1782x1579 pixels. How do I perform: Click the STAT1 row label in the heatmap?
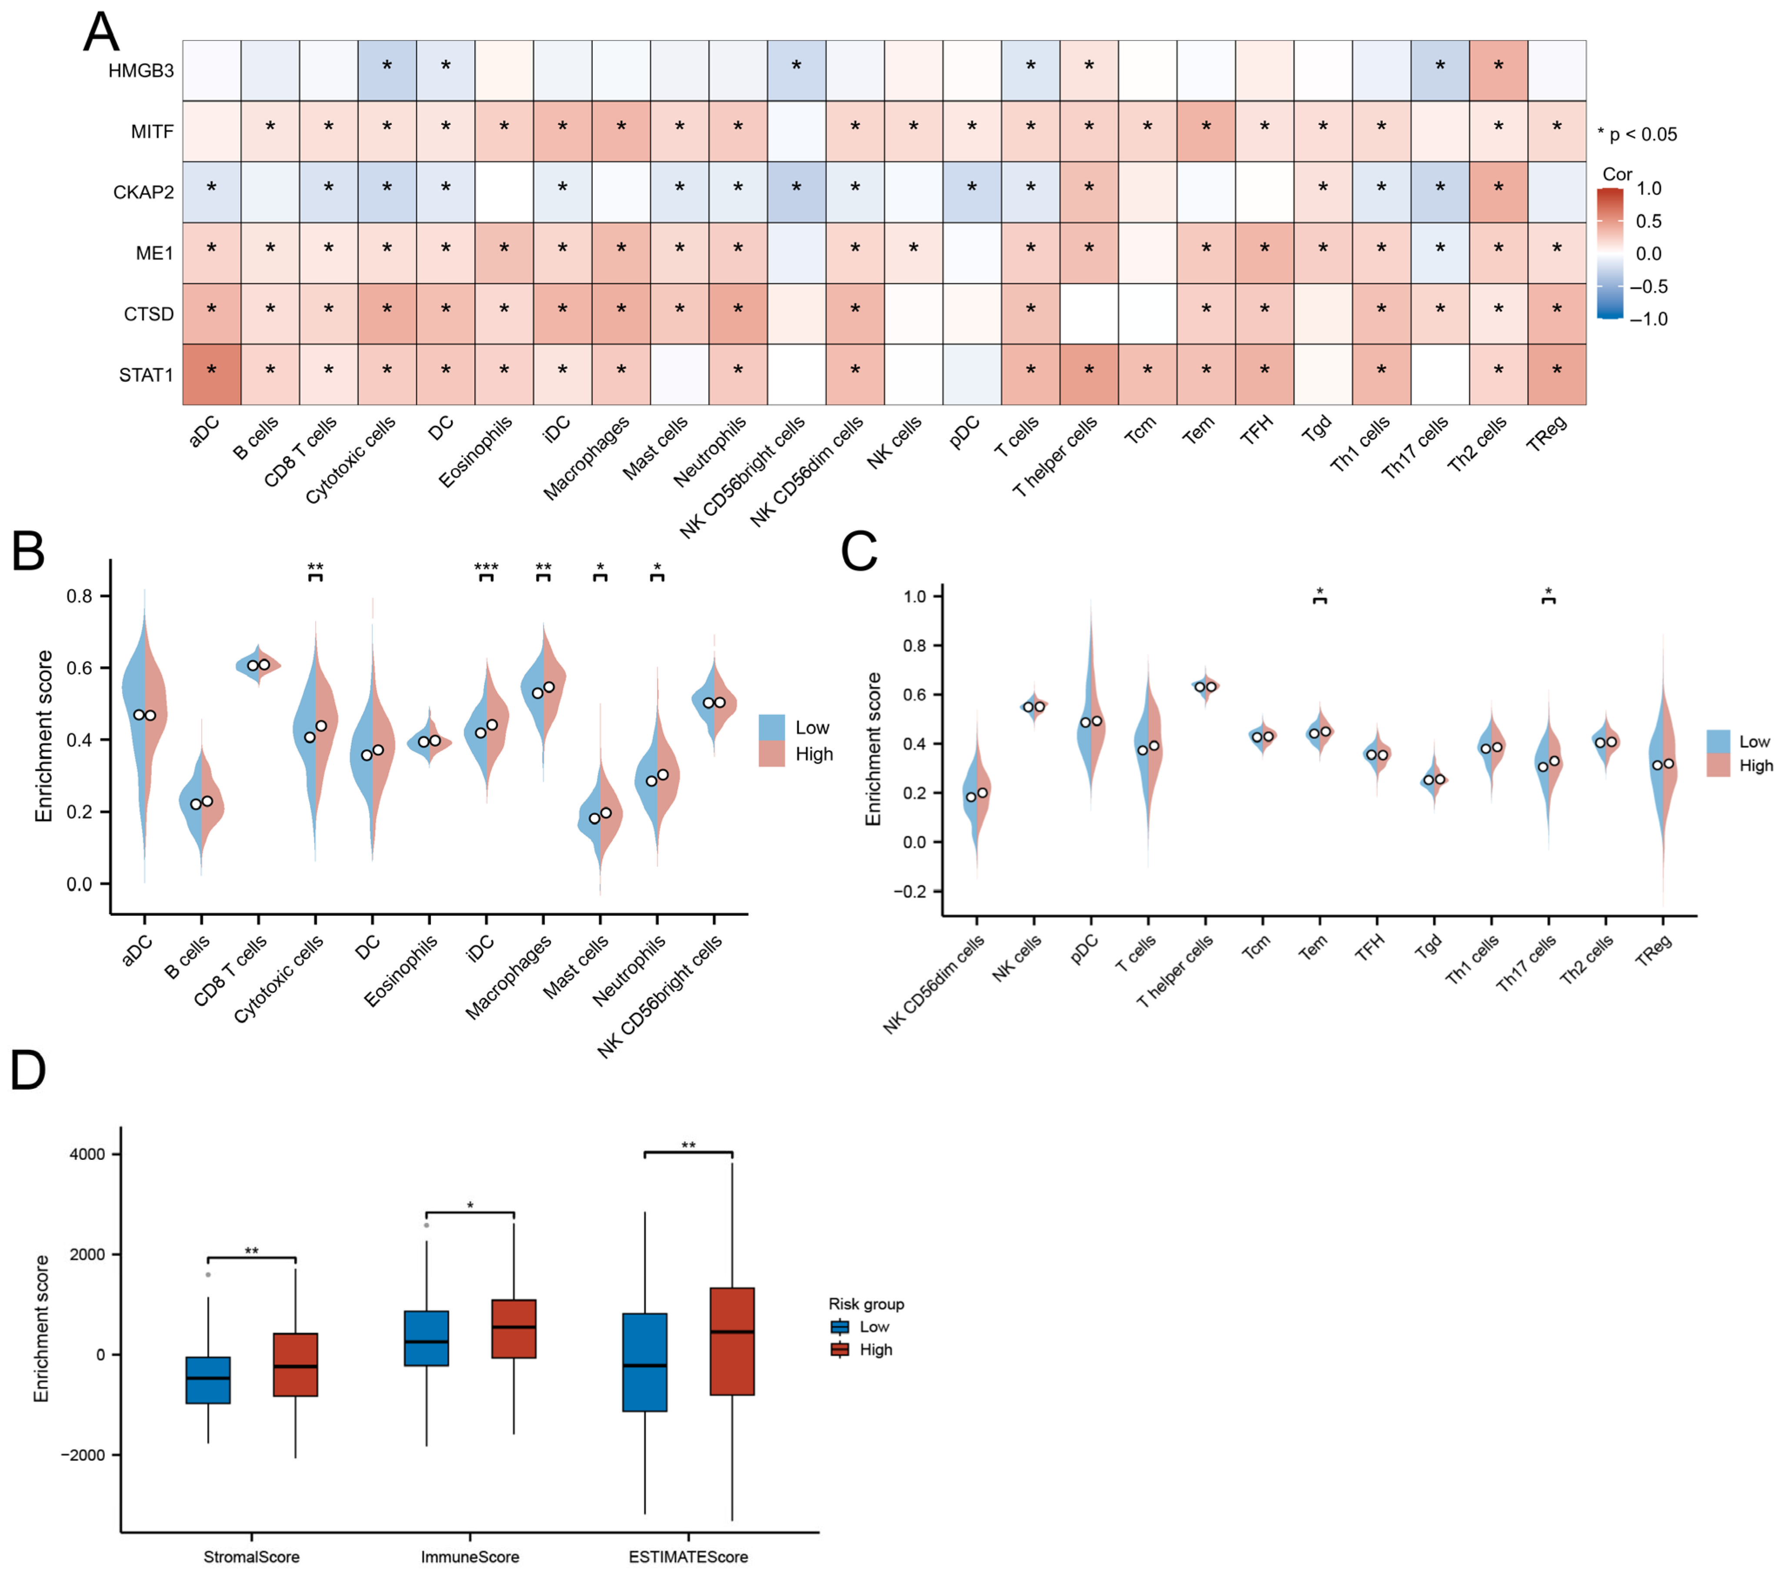[146, 375]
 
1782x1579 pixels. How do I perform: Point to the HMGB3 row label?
[140, 70]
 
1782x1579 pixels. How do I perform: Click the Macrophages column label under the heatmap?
[587, 458]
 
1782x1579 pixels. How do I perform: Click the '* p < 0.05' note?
[1636, 134]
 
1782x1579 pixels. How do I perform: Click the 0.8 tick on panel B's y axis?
[79, 596]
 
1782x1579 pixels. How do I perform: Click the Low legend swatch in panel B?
[771, 727]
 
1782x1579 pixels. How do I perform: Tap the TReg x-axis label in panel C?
[1654, 950]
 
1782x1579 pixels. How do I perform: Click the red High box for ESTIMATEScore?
[732, 1341]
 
